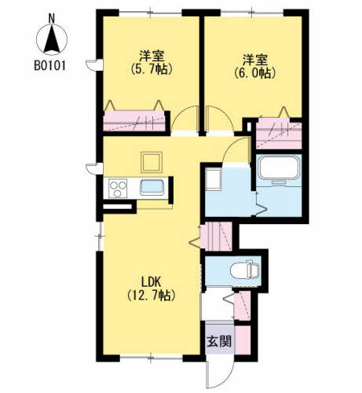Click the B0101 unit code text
[49, 65]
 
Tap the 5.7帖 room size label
[152, 69]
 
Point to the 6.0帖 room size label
[255, 73]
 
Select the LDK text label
[151, 283]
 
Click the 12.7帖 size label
[151, 296]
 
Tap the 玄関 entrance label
[219, 342]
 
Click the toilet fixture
[245, 270]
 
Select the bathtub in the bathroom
[279, 167]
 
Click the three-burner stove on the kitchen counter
[118, 189]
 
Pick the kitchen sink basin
[152, 188]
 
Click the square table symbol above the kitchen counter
[152, 162]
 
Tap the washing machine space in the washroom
[213, 179]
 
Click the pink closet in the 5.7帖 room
[134, 121]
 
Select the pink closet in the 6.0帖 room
[279, 134]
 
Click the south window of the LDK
[151, 357]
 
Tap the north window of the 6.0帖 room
[252, 12]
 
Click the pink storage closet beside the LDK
[216, 237]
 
